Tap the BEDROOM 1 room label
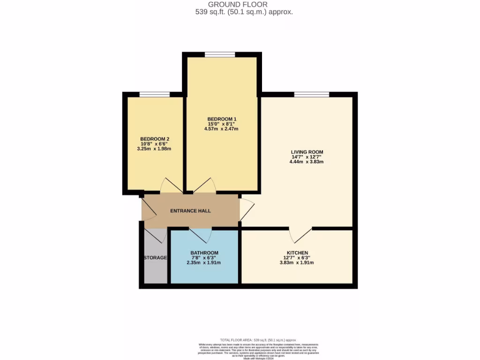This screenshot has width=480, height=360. click(x=222, y=119)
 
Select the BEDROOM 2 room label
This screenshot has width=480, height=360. click(x=155, y=139)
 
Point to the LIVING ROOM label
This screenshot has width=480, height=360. click(x=307, y=152)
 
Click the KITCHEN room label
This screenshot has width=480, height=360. click(x=297, y=253)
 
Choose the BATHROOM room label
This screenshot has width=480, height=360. click(x=204, y=253)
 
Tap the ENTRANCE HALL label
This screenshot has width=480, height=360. click(x=190, y=211)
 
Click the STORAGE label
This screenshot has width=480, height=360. click(x=155, y=258)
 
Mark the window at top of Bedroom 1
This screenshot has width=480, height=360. click(x=220, y=55)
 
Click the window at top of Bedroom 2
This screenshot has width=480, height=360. click(x=155, y=95)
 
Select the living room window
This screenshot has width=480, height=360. click(x=312, y=95)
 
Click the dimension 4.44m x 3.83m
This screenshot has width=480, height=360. click(x=307, y=162)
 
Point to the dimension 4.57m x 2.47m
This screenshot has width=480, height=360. click(x=222, y=128)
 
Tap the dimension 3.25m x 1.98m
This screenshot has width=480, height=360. click(x=155, y=149)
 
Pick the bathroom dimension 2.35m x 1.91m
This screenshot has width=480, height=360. click(x=204, y=262)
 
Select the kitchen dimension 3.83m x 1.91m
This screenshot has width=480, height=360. click(x=297, y=262)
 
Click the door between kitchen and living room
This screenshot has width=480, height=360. click(x=300, y=233)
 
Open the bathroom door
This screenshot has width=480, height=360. click(x=200, y=233)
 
